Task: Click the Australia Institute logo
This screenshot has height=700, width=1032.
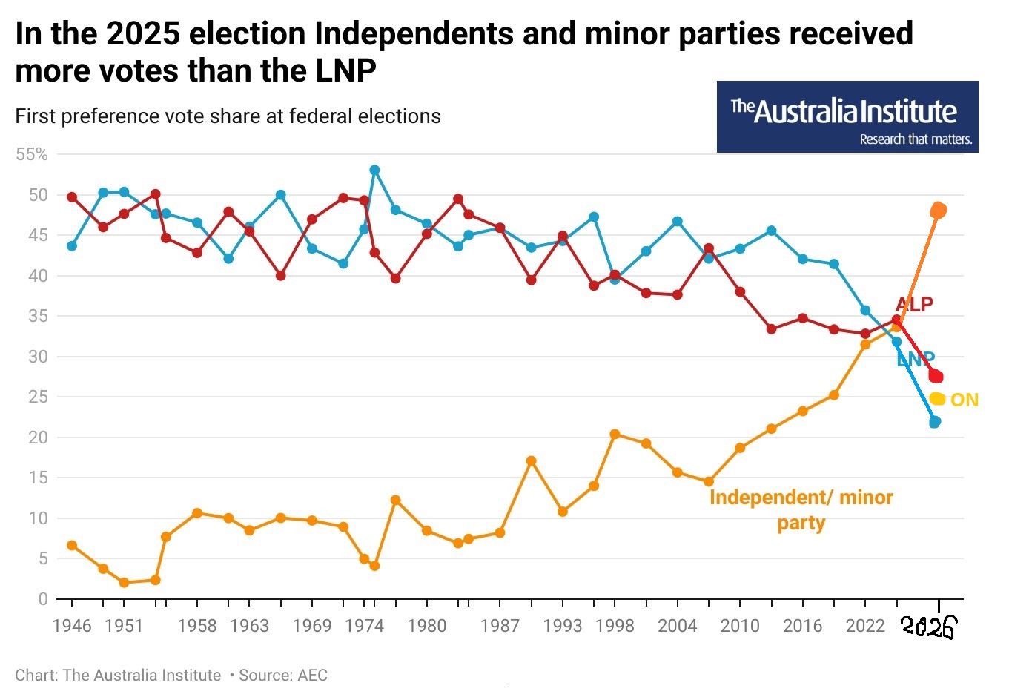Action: pyautogui.click(x=847, y=117)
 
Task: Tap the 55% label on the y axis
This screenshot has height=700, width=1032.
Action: pyautogui.click(x=32, y=154)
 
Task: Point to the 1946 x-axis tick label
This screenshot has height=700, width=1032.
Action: pyautogui.click(x=72, y=626)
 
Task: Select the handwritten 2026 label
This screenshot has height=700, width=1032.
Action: pyautogui.click(x=928, y=627)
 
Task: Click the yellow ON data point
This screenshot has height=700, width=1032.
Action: pyautogui.click(x=937, y=399)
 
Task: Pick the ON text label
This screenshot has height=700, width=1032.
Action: pyautogui.click(x=965, y=400)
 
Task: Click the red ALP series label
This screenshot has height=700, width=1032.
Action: pyautogui.click(x=914, y=304)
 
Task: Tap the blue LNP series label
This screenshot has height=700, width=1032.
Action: pyautogui.click(x=916, y=360)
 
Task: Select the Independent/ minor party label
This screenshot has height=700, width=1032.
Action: pyautogui.click(x=801, y=509)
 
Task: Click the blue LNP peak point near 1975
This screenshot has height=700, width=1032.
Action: pyautogui.click(x=374, y=170)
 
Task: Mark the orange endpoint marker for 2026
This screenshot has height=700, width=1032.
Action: pyautogui.click(x=938, y=211)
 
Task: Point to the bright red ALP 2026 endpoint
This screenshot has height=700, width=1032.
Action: pyautogui.click(x=936, y=376)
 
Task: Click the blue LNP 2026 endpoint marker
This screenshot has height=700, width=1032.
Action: pyautogui.click(x=935, y=422)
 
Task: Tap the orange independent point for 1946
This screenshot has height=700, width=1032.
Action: pyautogui.click(x=72, y=545)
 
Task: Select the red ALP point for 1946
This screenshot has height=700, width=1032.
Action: pyautogui.click(x=72, y=197)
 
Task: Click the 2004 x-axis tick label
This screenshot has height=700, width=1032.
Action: pyautogui.click(x=677, y=626)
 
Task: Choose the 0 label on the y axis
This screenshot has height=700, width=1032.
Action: pyautogui.click(x=42, y=599)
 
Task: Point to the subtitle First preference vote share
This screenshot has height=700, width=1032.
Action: pyautogui.click(x=228, y=116)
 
